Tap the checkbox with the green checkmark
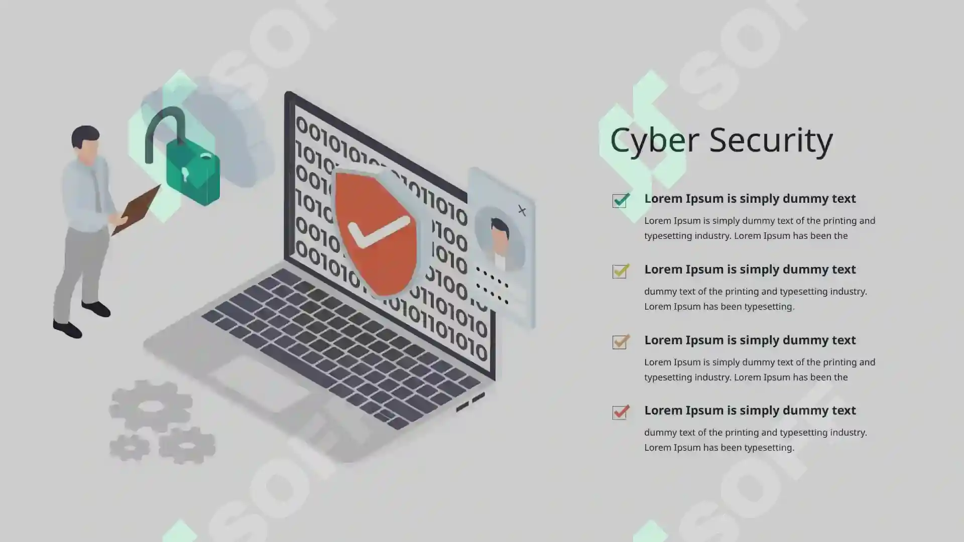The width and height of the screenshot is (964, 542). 621,200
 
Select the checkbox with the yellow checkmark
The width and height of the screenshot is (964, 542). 621,271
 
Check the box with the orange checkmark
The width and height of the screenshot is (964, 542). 621,342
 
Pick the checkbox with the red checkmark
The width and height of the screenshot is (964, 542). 621,412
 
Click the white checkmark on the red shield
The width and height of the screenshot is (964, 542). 378,232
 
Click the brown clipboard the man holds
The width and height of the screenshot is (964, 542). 136,209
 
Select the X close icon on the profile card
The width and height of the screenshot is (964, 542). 522,210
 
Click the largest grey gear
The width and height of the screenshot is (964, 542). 150,405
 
